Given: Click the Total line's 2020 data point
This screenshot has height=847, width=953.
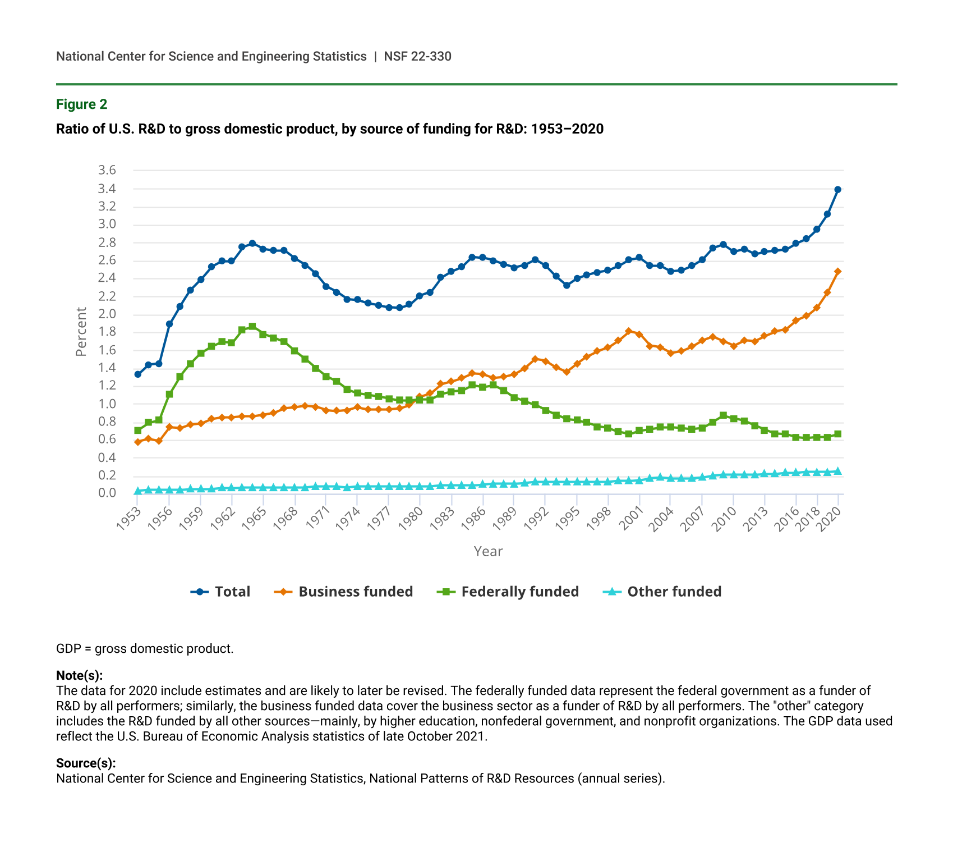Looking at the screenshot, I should pyautogui.click(x=837, y=190).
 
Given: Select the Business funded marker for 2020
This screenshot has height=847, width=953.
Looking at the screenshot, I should pyautogui.click(x=837, y=272).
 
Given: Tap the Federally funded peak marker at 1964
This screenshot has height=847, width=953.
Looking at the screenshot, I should pyautogui.click(x=252, y=326).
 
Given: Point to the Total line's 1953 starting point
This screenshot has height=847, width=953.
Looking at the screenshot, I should pyautogui.click(x=137, y=374).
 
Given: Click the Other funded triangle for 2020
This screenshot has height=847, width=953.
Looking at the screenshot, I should pyautogui.click(x=837, y=471).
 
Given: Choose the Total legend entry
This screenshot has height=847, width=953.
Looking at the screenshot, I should pyautogui.click(x=221, y=592).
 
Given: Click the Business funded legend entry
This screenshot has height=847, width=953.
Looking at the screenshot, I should pyautogui.click(x=343, y=592).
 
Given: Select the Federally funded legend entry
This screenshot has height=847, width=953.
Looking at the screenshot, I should pyautogui.click(x=508, y=592).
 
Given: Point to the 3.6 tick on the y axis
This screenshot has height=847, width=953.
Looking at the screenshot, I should pyautogui.click(x=107, y=170).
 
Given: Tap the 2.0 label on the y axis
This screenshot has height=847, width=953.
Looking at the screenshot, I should pyautogui.click(x=107, y=314).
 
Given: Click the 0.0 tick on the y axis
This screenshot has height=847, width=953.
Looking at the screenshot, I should pyautogui.click(x=107, y=493).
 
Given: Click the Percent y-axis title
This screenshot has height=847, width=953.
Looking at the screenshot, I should pyautogui.click(x=81, y=332).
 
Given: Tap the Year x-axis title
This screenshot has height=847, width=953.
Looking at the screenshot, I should pyautogui.click(x=488, y=551).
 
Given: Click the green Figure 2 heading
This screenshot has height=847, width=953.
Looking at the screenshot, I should pyautogui.click(x=81, y=104).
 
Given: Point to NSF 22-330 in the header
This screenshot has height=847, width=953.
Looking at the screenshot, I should pyautogui.click(x=417, y=56).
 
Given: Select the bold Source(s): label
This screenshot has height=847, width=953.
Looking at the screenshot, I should pyautogui.click(x=86, y=763).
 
